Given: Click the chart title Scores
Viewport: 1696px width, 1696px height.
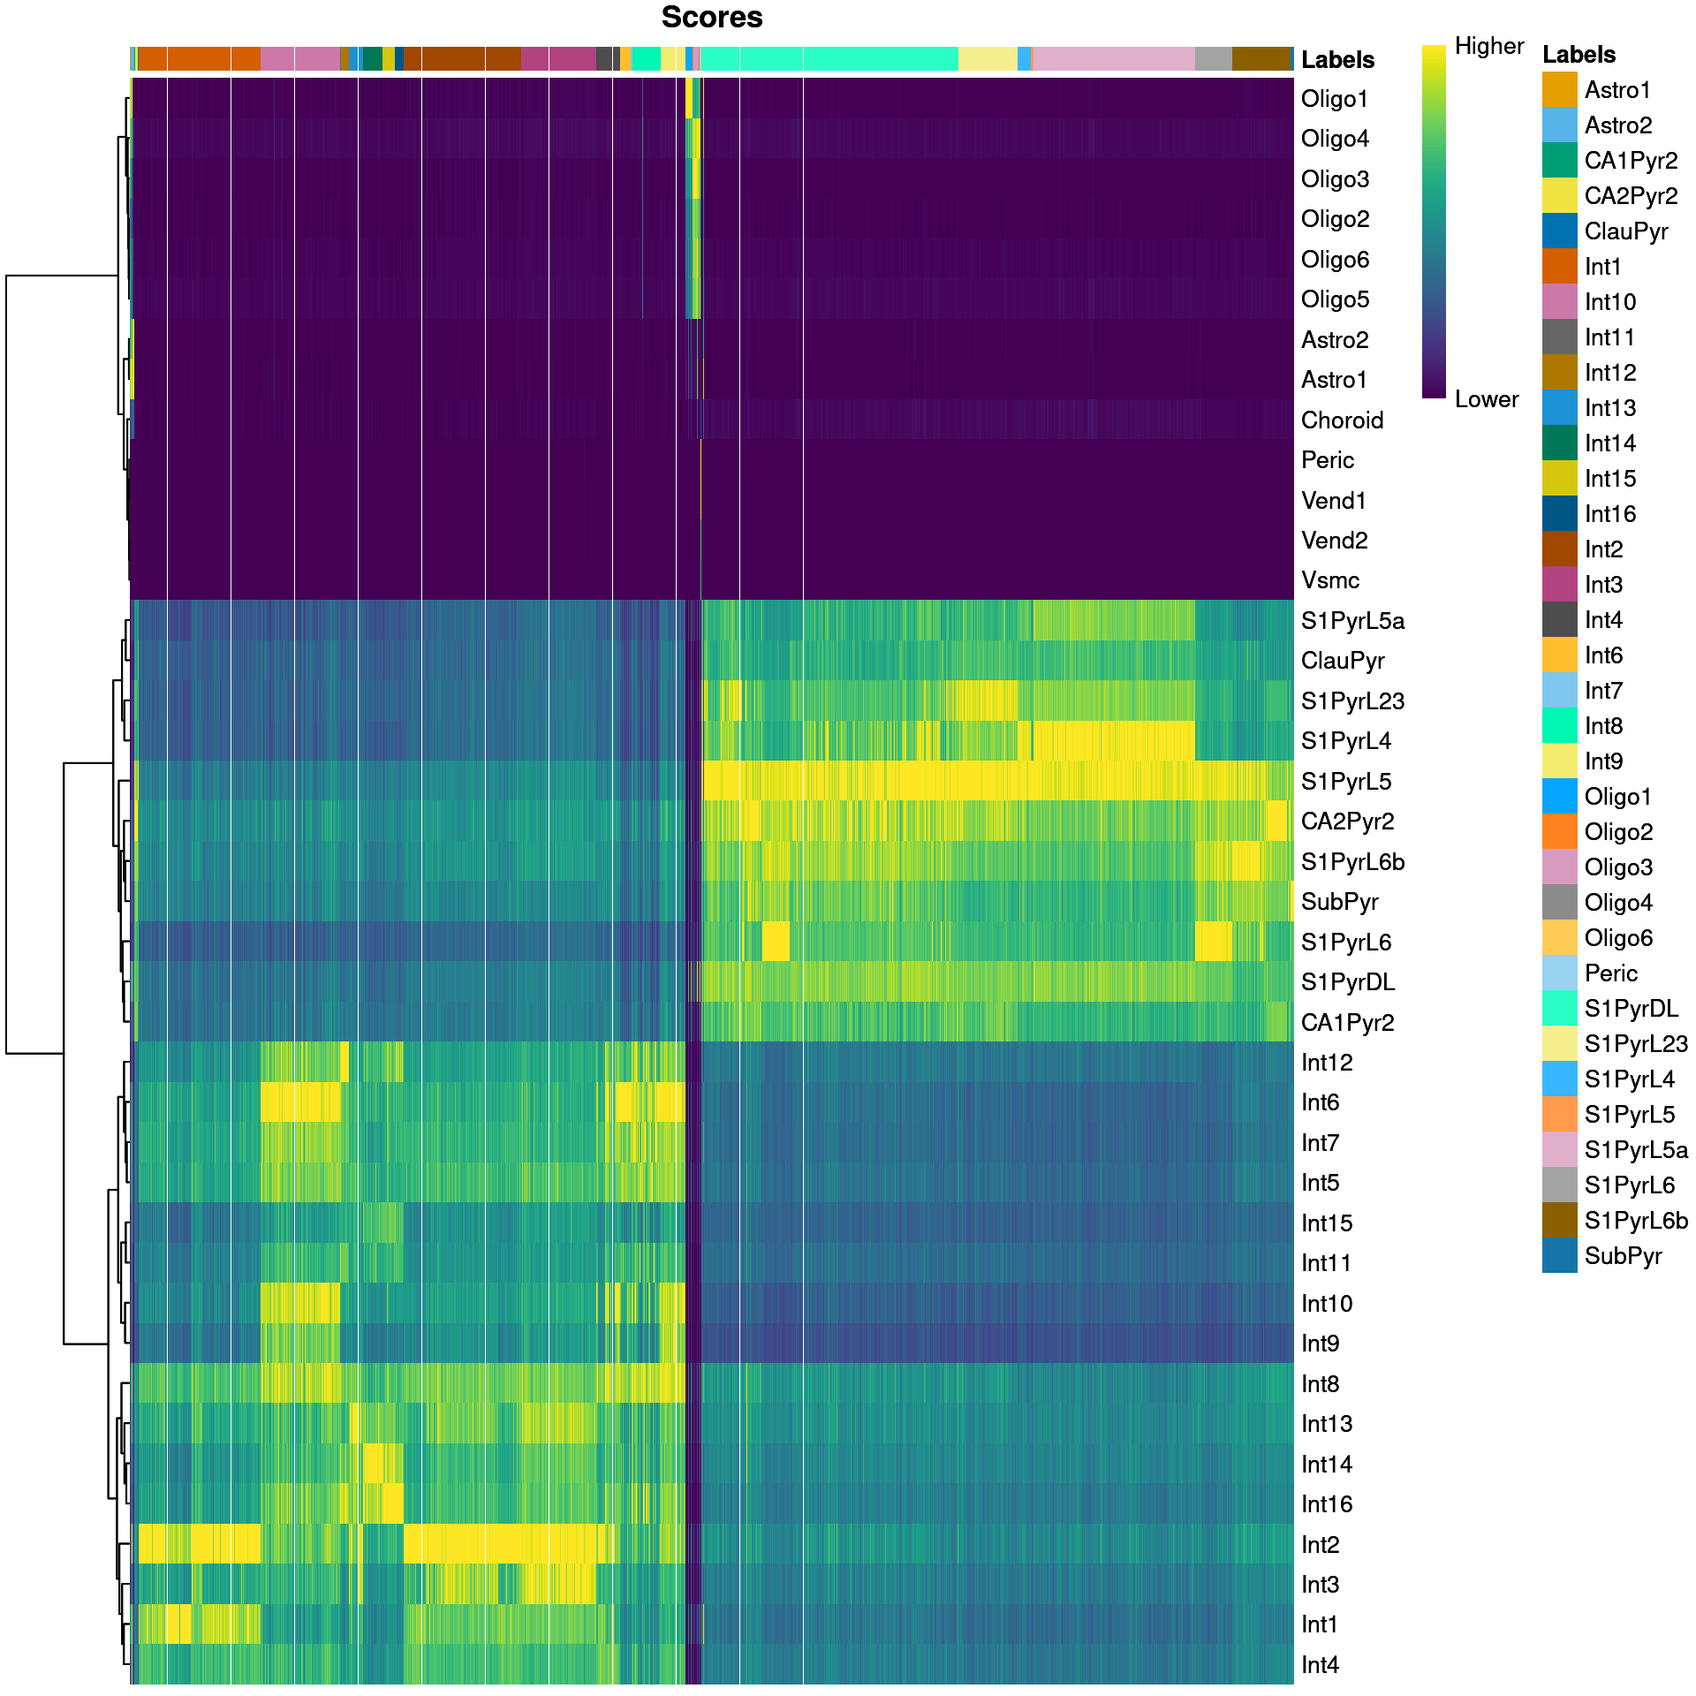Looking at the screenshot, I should [x=711, y=18].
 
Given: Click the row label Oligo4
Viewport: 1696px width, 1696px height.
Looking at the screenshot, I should [x=1335, y=139].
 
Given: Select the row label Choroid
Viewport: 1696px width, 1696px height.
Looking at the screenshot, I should [x=1342, y=420].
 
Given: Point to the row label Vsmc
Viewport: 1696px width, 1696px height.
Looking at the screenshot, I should [x=1330, y=580].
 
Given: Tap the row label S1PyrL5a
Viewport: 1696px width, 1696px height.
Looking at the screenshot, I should [x=1352, y=621].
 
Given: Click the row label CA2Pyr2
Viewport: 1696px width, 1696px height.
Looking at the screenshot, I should [x=1347, y=821].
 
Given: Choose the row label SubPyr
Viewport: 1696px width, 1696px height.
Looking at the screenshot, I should [x=1339, y=902].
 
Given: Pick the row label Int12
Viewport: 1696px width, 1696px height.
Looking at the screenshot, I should [x=1327, y=1063].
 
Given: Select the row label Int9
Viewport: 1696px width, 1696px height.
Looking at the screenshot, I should [x=1320, y=1344].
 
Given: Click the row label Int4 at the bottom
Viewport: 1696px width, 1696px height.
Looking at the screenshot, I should [x=1320, y=1665].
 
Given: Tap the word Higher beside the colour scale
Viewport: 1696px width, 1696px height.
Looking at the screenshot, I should [x=1489, y=46].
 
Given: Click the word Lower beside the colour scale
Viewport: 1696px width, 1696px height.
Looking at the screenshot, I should [x=1487, y=399].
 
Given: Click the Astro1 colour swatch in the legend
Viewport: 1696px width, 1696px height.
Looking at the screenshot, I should [x=1559, y=90].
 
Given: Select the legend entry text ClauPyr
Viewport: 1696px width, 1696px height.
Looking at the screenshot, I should [x=1625, y=231].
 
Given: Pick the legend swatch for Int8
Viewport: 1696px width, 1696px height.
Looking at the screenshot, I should [x=1559, y=726].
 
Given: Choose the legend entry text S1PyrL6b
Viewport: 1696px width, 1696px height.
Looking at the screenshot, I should [x=1636, y=1221].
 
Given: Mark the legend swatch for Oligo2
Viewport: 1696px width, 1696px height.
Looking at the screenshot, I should [x=1559, y=832].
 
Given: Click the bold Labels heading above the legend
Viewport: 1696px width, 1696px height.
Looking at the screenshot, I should [x=1579, y=55].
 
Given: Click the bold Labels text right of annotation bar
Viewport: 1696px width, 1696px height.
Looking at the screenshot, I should [x=1337, y=60].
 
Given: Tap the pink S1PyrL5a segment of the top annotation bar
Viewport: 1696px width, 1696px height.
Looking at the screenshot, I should [x=1113, y=58].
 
